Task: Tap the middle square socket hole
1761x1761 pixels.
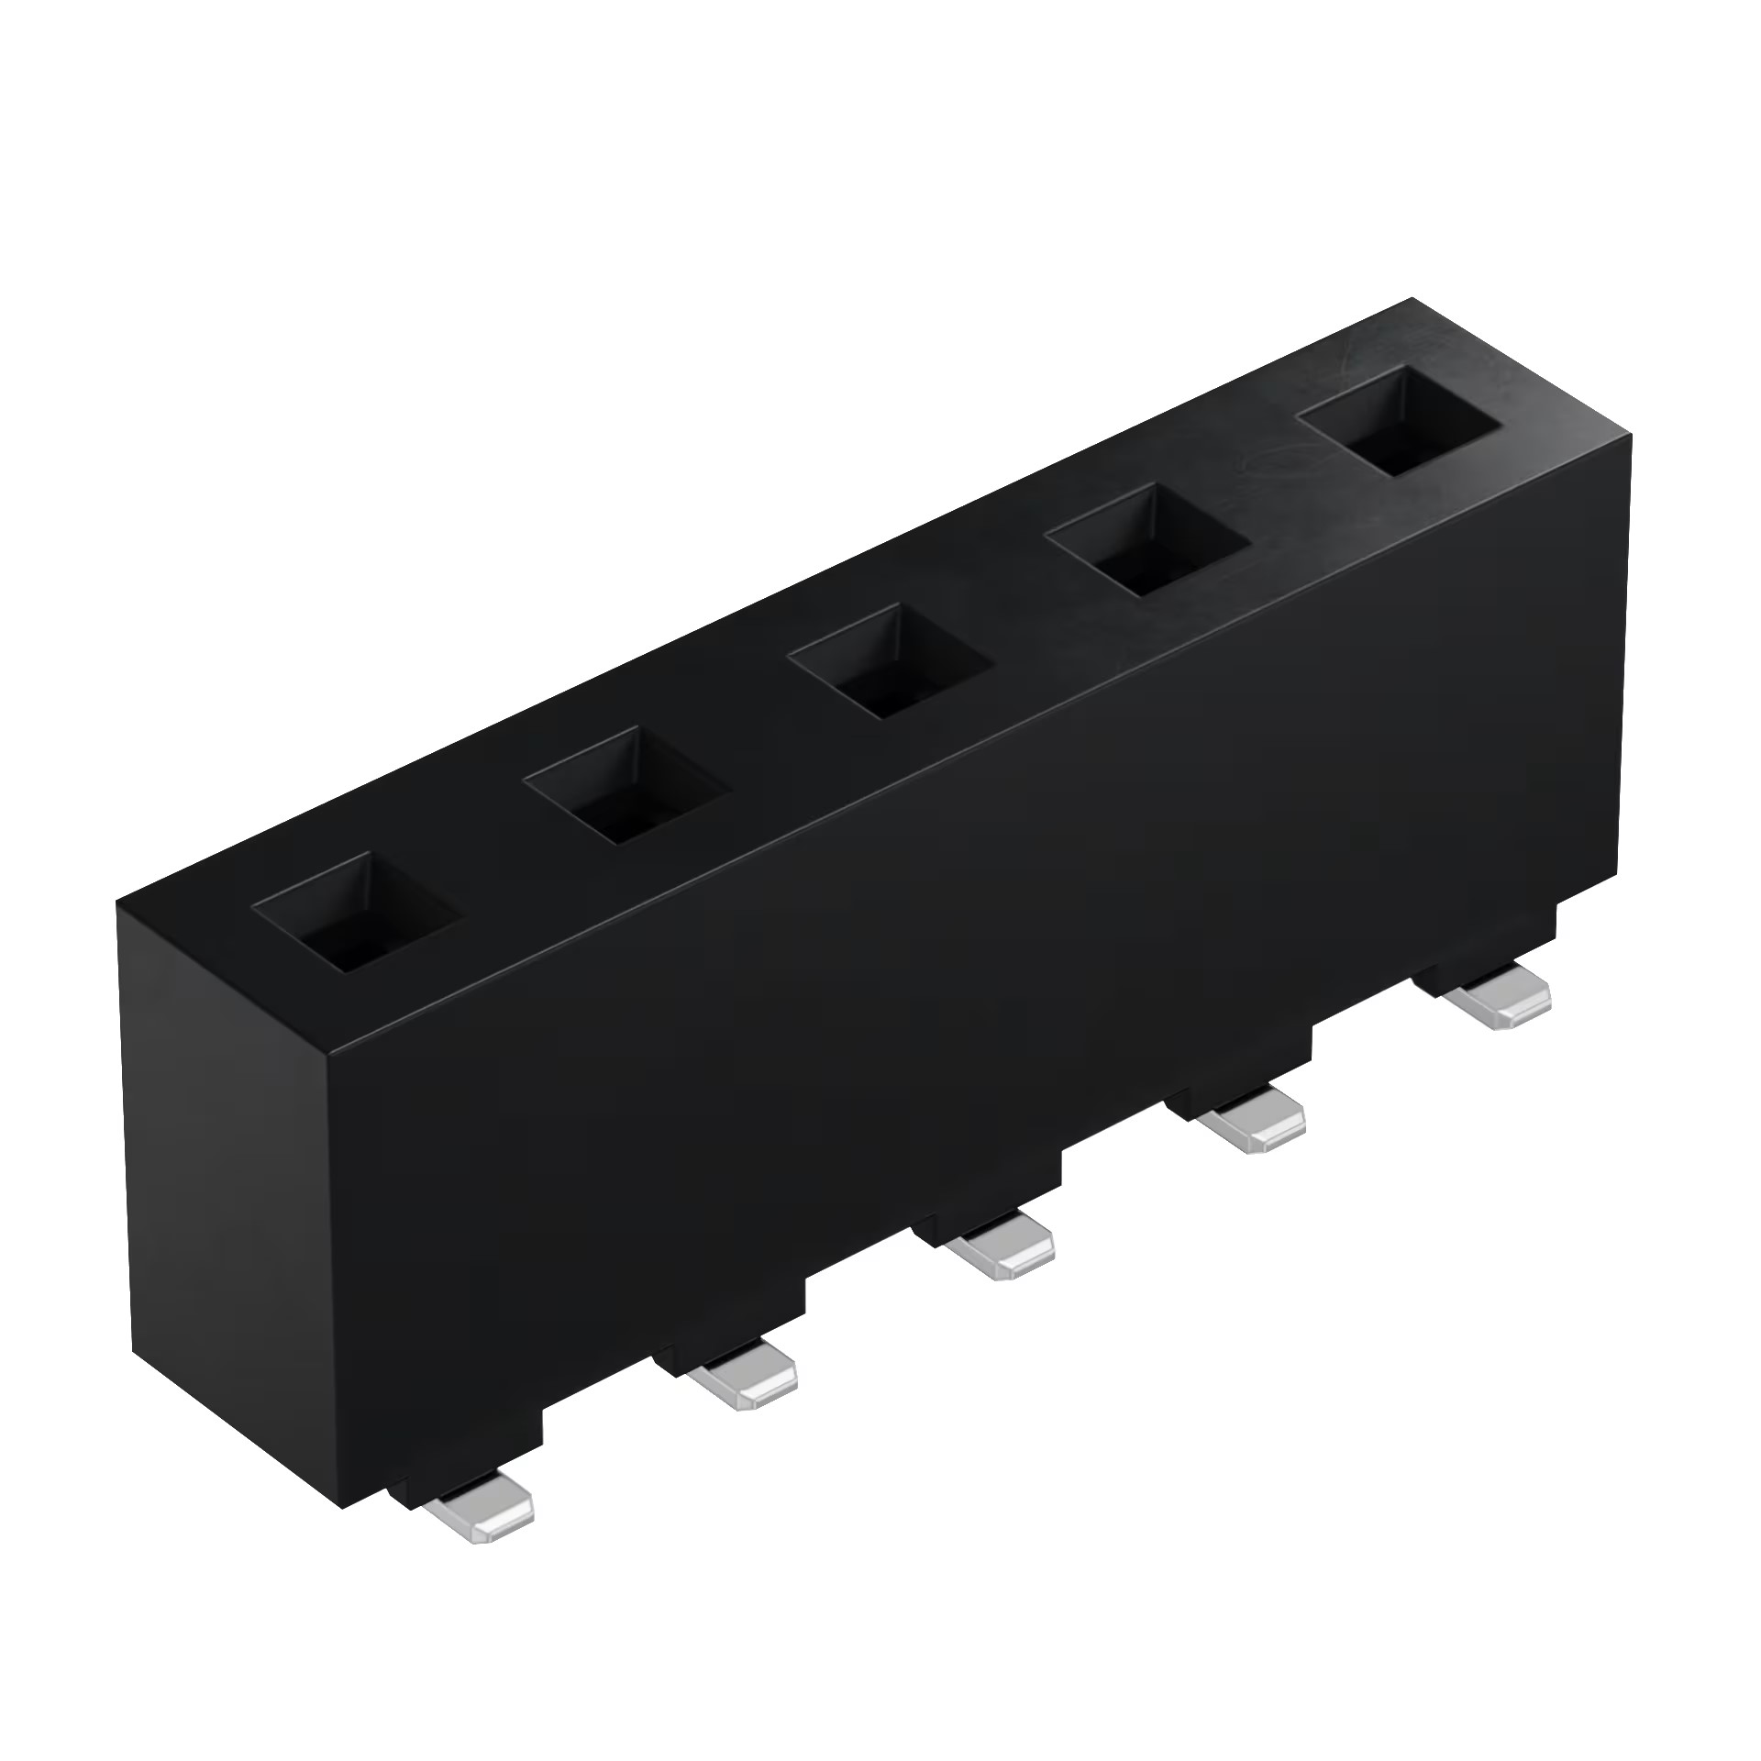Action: click(890, 662)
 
